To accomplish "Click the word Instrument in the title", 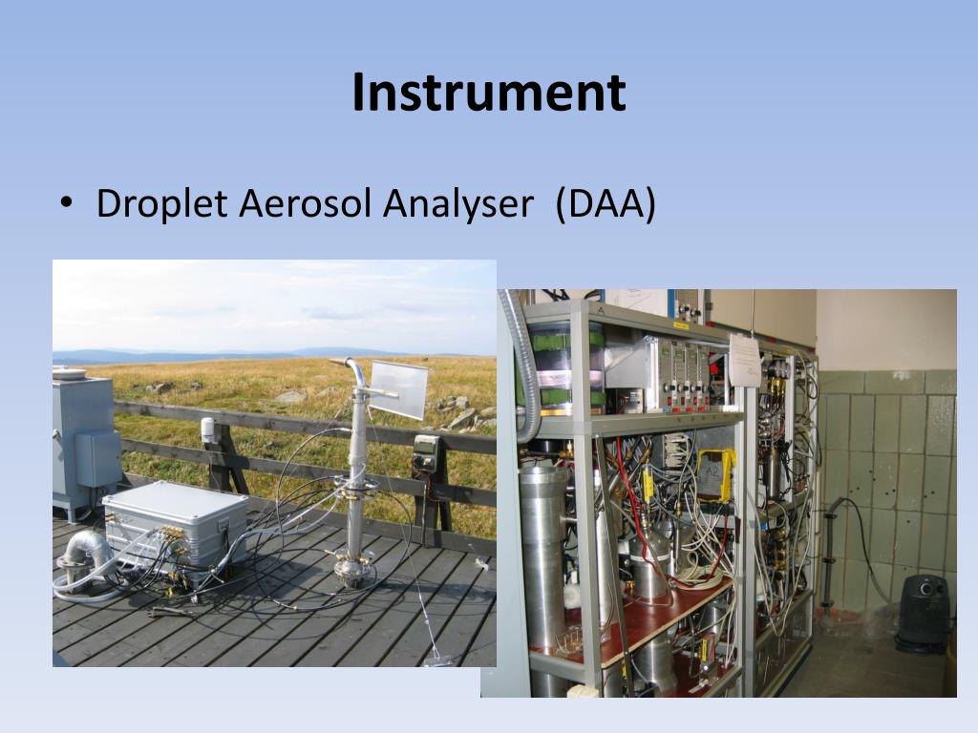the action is (x=488, y=93).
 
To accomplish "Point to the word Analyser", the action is (x=457, y=204).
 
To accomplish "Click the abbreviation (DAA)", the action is (x=605, y=204).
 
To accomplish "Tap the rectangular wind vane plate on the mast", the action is (x=399, y=389).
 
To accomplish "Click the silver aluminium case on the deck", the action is (x=175, y=525).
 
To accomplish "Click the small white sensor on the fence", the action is (x=208, y=430).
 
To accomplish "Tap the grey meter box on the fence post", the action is (x=425, y=452).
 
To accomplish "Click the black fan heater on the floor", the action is (x=924, y=614).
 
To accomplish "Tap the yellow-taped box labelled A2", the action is (x=716, y=475).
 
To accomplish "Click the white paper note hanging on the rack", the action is (x=745, y=359).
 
